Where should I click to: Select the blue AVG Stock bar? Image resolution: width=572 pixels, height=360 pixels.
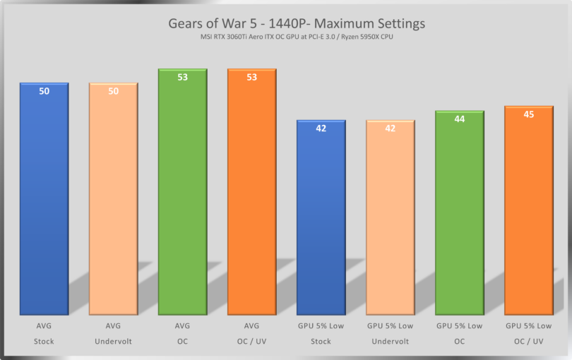(44, 205)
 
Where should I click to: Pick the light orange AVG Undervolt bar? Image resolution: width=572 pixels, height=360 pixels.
(113, 205)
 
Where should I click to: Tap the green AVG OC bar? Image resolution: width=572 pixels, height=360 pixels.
(182, 198)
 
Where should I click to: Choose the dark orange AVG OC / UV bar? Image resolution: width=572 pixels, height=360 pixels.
(251, 198)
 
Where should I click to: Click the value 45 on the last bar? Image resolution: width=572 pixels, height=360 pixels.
(528, 114)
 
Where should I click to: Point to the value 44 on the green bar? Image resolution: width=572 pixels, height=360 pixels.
(459, 119)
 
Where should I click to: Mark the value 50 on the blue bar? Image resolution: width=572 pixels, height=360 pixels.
(44, 91)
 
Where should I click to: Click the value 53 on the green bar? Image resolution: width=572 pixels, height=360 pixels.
(182, 78)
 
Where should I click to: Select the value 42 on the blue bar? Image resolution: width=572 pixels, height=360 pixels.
(321, 128)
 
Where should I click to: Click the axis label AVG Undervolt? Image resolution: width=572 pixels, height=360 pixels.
(113, 334)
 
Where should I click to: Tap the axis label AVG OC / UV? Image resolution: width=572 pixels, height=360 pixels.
(251, 334)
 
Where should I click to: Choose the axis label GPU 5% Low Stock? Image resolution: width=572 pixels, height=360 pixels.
(321, 334)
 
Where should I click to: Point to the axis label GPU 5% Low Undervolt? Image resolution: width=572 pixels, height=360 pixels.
(390, 334)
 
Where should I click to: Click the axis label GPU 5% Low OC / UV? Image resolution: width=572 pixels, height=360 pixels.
(528, 334)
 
